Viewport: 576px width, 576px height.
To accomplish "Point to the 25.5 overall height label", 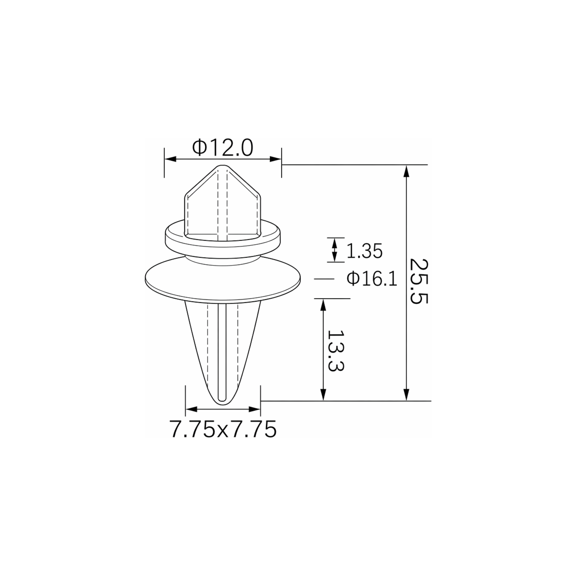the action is (419, 282).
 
